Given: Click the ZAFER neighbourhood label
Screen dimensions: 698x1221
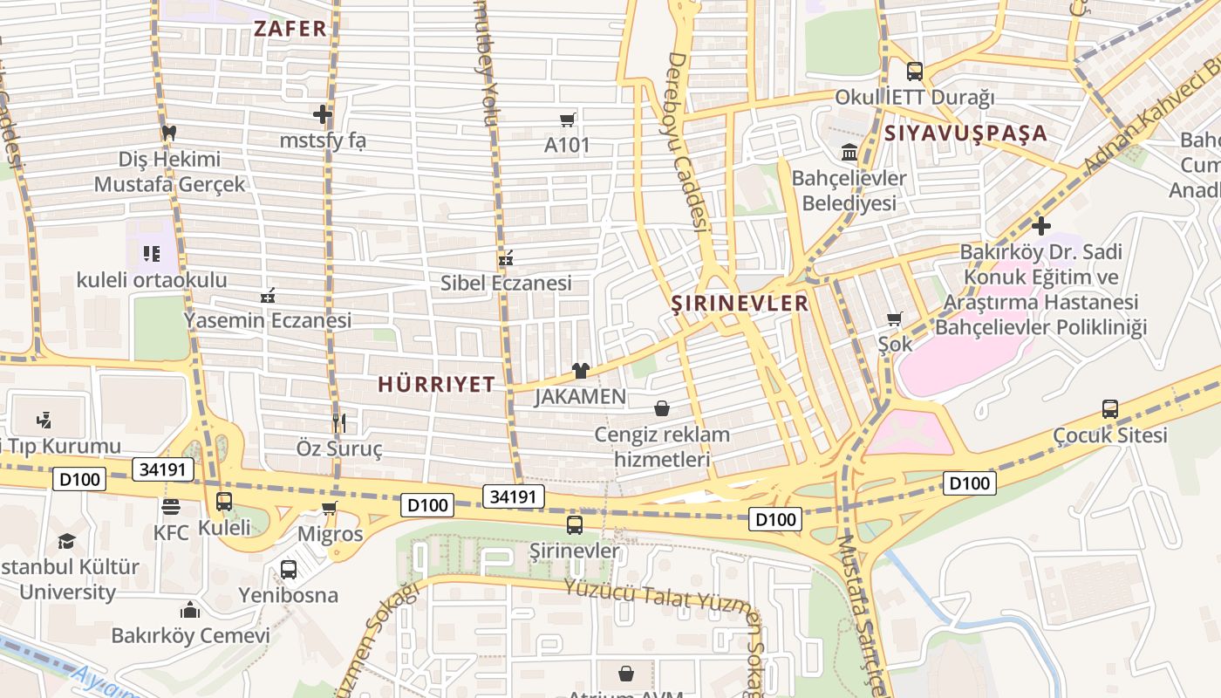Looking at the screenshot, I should point(290,28).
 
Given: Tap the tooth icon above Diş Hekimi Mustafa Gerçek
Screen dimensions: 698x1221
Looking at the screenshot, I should point(169,133).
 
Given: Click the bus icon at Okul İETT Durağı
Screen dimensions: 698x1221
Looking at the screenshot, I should point(914,72).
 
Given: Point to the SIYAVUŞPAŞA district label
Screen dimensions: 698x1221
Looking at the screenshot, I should point(965,133).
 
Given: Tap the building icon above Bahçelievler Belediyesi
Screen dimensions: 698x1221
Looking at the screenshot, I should point(849,154).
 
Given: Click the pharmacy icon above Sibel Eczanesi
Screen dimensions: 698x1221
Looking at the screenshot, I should point(505,257).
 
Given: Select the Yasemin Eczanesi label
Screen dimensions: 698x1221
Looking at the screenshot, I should point(267,320).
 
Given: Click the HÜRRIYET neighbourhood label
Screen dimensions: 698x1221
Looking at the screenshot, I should point(436,384).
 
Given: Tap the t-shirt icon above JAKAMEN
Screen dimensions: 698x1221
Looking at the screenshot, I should point(581,371).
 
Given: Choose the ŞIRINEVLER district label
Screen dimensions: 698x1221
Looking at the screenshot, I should point(740,304).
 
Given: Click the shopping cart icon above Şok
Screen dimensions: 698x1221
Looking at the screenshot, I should point(895,318).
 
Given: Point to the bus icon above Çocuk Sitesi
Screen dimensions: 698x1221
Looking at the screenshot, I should point(1109,408).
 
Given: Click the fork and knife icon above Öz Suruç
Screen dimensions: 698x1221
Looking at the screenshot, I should point(339,423).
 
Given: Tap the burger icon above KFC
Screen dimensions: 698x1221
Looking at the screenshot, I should point(171,507).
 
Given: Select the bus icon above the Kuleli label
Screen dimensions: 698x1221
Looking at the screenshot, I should point(224,502).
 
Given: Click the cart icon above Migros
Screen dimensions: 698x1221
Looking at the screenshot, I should point(330,508).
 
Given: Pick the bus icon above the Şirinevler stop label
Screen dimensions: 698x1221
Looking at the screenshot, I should point(575,525).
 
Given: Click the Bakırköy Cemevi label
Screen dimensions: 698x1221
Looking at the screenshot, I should point(190,635).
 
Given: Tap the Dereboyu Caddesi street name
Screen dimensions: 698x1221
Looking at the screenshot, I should point(686,140).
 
